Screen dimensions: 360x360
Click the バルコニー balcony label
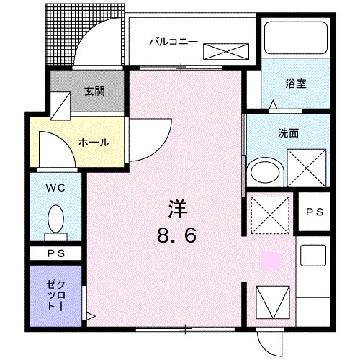173,40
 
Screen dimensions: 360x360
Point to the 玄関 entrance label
94,91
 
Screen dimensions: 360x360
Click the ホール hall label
94,142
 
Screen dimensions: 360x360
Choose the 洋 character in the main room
178,210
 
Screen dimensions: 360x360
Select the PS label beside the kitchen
313,212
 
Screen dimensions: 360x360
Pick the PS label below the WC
55,253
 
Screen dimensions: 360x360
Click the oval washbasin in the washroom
262,173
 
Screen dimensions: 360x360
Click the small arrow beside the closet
89,315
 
